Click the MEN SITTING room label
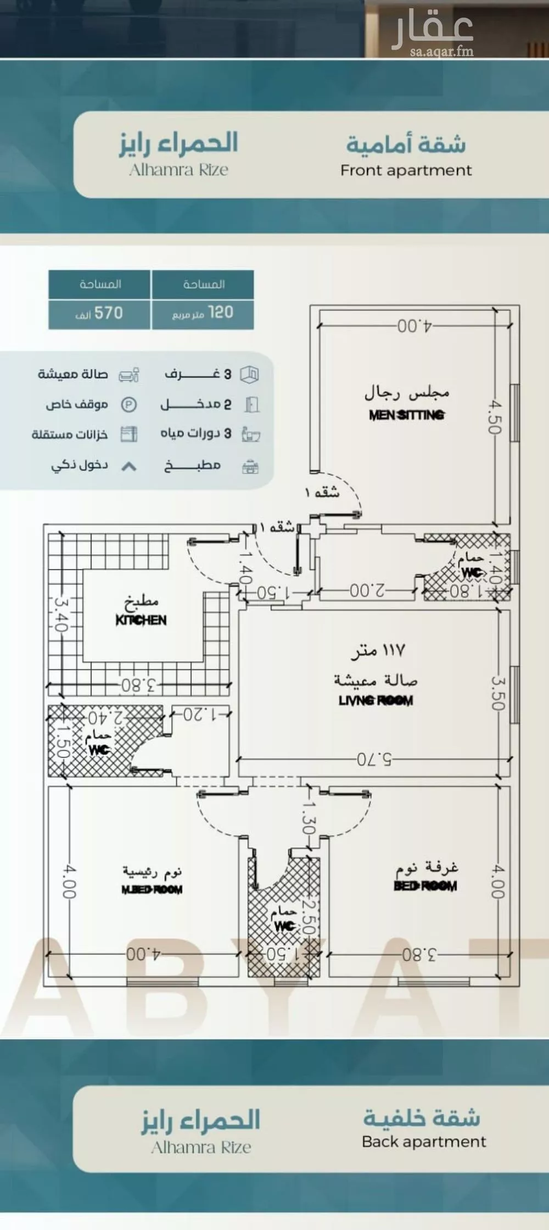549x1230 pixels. pyautogui.click(x=406, y=415)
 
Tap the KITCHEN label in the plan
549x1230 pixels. pyautogui.click(x=141, y=620)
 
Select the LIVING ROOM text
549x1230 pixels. pyautogui.click(x=376, y=700)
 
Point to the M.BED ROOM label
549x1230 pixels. pyautogui.click(x=152, y=889)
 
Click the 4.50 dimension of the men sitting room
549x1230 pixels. pyautogui.click(x=495, y=417)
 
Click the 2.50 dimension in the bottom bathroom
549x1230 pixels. pyautogui.click(x=309, y=917)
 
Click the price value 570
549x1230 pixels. pyautogui.click(x=108, y=313)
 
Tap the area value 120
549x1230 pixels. pyautogui.click(x=221, y=313)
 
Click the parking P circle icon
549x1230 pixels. pyautogui.click(x=128, y=405)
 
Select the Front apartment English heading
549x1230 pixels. pyautogui.click(x=406, y=170)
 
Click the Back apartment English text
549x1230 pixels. pyautogui.click(x=424, y=1142)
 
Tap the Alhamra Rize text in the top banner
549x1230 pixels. pyautogui.click(x=178, y=170)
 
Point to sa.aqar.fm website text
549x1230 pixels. pyautogui.click(x=441, y=52)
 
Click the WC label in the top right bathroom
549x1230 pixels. pyautogui.click(x=471, y=572)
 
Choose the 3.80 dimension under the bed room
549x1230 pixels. pyautogui.click(x=419, y=955)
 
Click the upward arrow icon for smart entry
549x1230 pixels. pyautogui.click(x=128, y=466)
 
